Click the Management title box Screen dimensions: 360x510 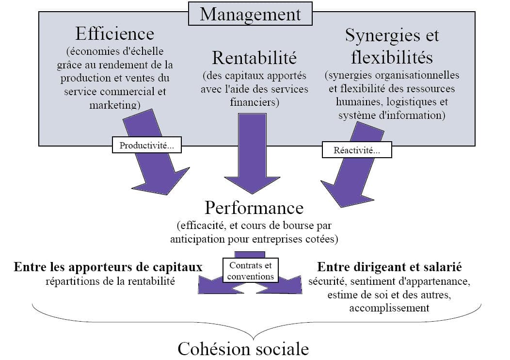point(250,14)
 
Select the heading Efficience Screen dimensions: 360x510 point(114,33)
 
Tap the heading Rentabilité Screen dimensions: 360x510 point(254,58)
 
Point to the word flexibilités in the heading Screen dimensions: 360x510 point(392,57)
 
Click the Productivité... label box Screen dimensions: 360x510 point(147,146)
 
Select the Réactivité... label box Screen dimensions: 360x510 point(356,150)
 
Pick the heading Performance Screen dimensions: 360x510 point(254,208)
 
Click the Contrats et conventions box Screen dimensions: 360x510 point(251,271)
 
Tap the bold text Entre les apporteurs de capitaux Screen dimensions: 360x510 point(108,267)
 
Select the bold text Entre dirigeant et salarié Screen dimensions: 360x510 point(389,267)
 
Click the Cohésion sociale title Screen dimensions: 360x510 point(243,349)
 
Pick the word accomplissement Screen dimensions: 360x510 point(389,308)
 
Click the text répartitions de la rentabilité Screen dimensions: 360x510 point(110,281)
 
